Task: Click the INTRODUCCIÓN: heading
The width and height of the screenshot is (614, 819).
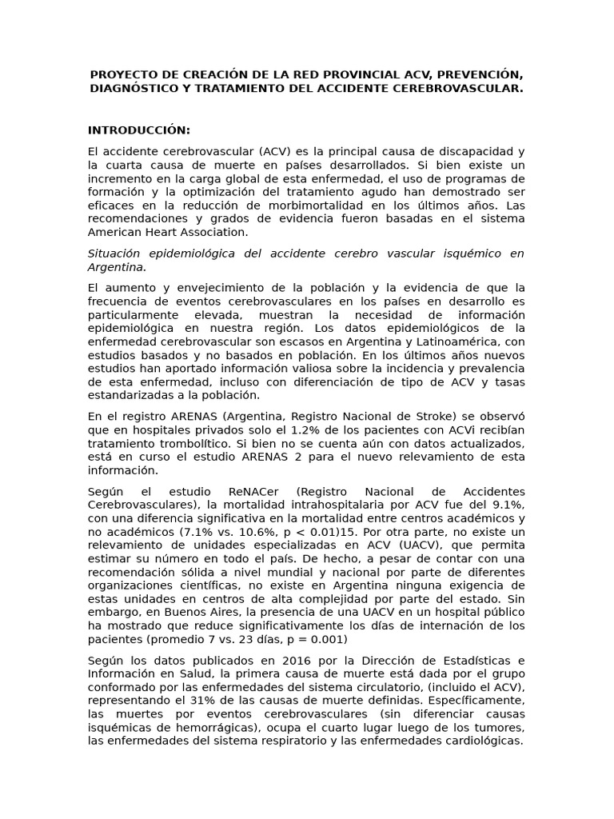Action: [x=139, y=130]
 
